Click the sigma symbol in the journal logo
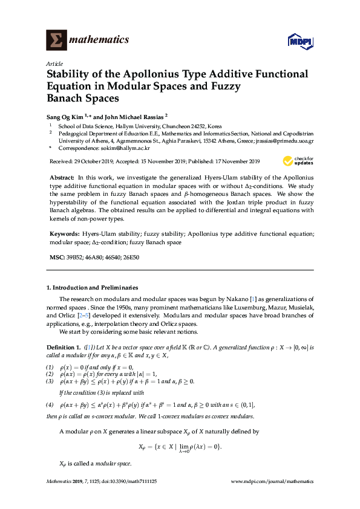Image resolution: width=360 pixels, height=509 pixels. click(x=56, y=41)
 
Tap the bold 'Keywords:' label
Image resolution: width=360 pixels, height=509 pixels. click(x=64, y=233)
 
